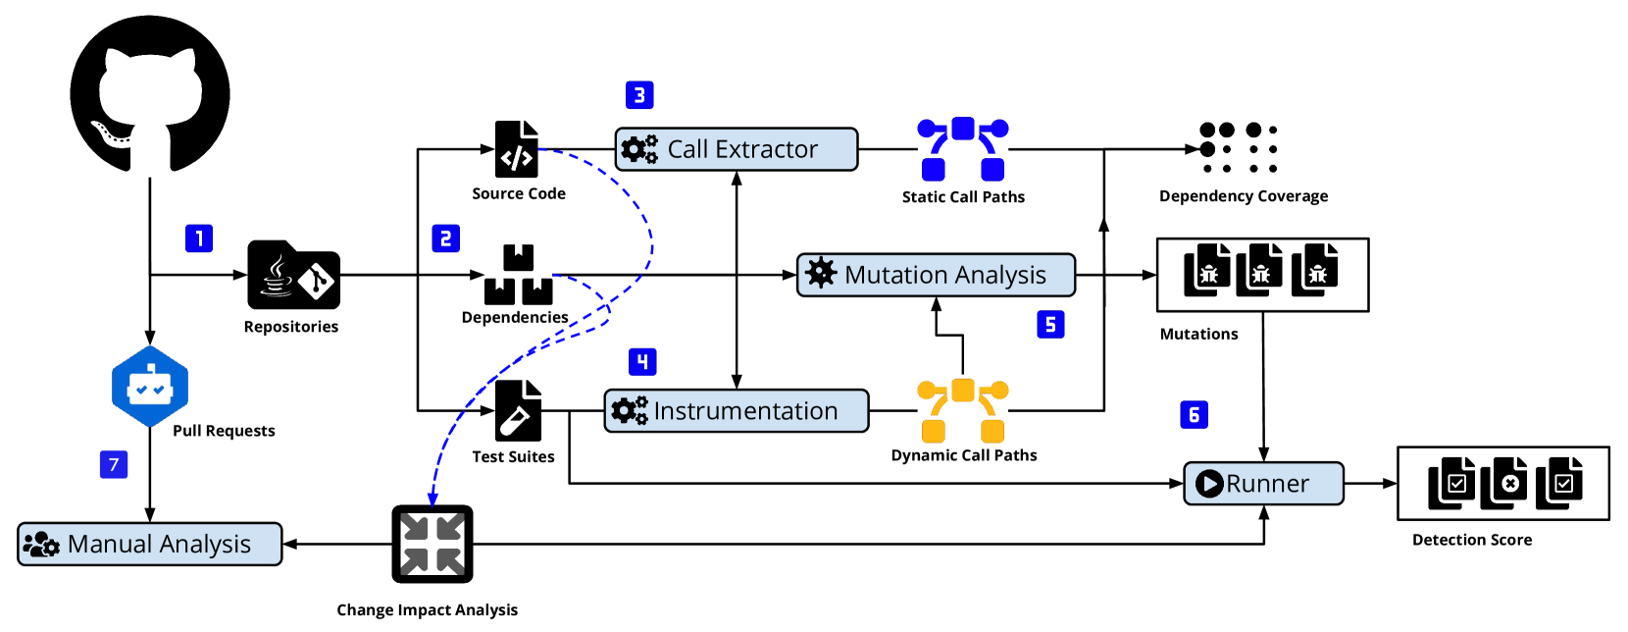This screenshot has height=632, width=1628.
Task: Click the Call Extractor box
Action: click(736, 149)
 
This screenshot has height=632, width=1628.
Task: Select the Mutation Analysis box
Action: click(936, 275)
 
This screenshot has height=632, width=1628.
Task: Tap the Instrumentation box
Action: click(736, 410)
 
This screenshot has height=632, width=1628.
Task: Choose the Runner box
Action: click(1263, 483)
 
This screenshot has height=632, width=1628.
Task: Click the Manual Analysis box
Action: click(149, 544)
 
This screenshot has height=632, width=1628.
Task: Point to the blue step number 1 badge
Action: click(199, 238)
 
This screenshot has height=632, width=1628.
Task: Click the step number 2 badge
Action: click(445, 238)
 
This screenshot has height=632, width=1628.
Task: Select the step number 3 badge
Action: click(639, 95)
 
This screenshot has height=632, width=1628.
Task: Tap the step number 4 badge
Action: click(642, 362)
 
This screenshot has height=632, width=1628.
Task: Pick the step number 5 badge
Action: click(1050, 325)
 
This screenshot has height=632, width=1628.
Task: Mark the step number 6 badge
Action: click(1194, 415)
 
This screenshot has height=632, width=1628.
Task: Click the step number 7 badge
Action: click(114, 464)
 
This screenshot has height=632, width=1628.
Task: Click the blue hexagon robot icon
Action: click(150, 387)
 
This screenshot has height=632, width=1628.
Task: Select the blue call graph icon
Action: click(963, 149)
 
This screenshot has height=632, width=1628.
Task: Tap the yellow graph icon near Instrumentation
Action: click(963, 410)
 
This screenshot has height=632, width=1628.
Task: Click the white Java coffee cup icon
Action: click(277, 277)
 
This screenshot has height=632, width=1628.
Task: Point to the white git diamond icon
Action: click(317, 282)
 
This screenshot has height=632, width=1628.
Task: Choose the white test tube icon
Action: click(514, 421)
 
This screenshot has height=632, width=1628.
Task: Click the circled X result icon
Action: click(1510, 483)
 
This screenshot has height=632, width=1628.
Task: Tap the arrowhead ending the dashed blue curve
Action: click(432, 500)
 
